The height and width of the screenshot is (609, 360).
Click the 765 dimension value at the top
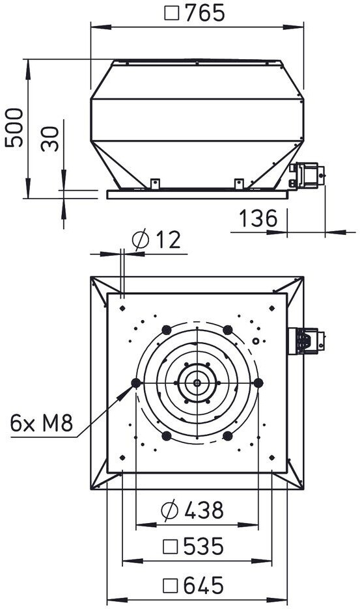point(205,13)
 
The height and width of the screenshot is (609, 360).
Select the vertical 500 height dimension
point(14,128)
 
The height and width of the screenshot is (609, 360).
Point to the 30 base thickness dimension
point(50,139)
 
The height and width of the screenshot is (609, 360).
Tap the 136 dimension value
point(258,219)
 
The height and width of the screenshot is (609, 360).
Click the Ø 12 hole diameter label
point(156,239)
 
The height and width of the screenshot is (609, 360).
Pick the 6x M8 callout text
point(42,424)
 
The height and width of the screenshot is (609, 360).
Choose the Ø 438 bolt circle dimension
point(193,510)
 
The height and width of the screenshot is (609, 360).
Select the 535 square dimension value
point(204,547)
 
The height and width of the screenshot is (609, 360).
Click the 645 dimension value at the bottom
point(204,586)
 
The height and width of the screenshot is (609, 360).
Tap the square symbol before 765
point(171,14)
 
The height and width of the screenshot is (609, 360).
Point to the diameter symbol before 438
point(169,510)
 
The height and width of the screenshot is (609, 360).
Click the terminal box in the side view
point(307,176)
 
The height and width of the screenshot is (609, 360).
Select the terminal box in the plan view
point(306,341)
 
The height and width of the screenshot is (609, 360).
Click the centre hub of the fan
point(197,383)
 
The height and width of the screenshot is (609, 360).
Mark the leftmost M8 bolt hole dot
point(135,383)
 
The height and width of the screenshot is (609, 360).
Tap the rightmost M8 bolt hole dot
point(258,383)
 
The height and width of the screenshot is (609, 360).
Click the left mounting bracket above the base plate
point(155,183)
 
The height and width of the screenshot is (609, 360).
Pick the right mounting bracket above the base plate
point(239,183)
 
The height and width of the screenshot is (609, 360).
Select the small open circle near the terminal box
point(255,341)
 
